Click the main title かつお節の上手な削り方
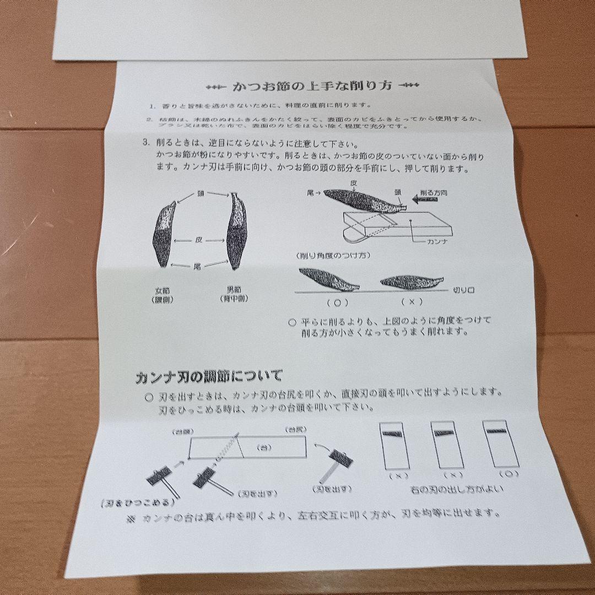(x=312, y=86)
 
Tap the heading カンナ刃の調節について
(x=209, y=377)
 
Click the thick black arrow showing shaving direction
(x=424, y=202)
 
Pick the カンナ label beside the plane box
(x=439, y=241)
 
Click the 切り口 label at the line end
(x=465, y=289)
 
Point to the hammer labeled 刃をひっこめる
(x=160, y=478)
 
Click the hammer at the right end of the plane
(x=337, y=460)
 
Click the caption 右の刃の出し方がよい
(x=457, y=489)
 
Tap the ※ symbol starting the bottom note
(x=131, y=518)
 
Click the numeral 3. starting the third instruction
(x=145, y=142)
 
